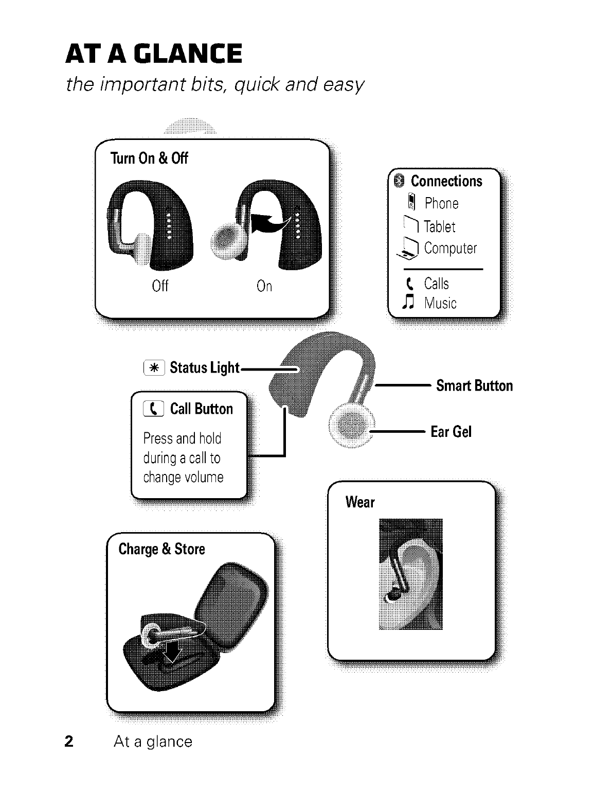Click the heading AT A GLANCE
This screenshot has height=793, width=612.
click(154, 54)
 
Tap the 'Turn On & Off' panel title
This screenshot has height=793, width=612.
click(149, 158)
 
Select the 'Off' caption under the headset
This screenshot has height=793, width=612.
click(160, 286)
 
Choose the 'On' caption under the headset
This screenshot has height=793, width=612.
click(264, 286)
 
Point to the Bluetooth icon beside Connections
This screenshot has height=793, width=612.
click(399, 181)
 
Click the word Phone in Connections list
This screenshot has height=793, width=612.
click(441, 204)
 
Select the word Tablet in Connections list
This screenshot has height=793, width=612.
click(440, 226)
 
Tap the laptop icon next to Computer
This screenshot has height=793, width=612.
click(409, 250)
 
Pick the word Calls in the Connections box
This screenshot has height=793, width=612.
click(436, 284)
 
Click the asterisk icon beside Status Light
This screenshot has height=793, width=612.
click(154, 368)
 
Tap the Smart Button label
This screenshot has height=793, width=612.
click(474, 386)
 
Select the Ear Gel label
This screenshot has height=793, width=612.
click(451, 432)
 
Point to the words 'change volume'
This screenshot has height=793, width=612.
click(183, 477)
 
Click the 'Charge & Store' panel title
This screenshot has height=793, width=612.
click(161, 549)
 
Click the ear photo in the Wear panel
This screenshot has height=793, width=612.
click(410, 574)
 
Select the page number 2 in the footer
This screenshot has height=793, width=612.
click(69, 741)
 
